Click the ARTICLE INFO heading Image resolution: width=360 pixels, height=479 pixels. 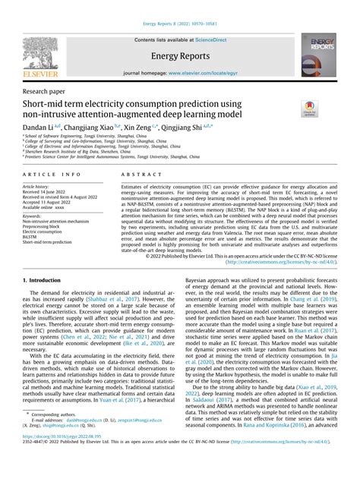(45, 174)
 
